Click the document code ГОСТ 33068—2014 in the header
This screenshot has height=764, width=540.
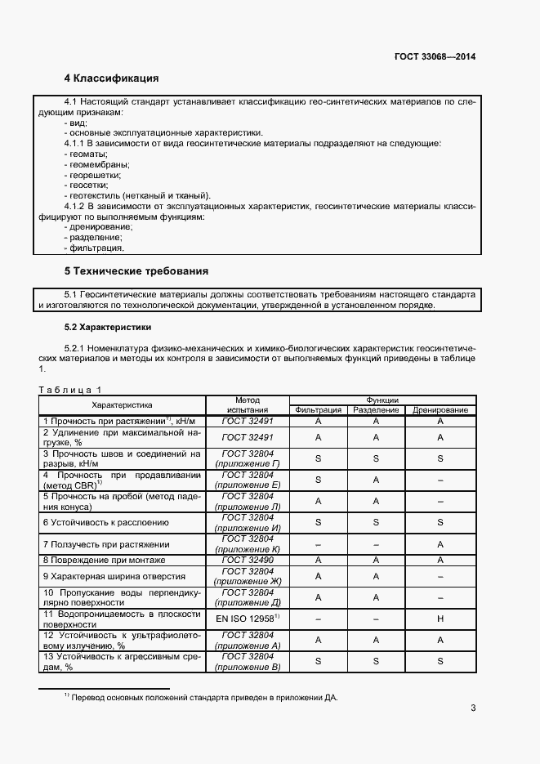[435, 56]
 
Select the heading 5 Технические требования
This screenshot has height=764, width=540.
[136, 270]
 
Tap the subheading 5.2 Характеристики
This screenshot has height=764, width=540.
[108, 327]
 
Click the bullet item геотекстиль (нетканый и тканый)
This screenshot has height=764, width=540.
[136, 195]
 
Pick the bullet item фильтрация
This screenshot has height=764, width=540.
[94, 247]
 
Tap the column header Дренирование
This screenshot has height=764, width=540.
[440, 409]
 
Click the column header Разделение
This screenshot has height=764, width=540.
[376, 409]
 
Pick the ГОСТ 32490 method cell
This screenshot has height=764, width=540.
[247, 560]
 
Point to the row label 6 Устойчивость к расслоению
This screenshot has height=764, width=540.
[106, 522]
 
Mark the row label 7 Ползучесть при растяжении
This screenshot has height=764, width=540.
[106, 543]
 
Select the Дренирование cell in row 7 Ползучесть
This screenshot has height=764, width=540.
[440, 543]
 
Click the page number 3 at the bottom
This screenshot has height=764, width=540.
[473, 708]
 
